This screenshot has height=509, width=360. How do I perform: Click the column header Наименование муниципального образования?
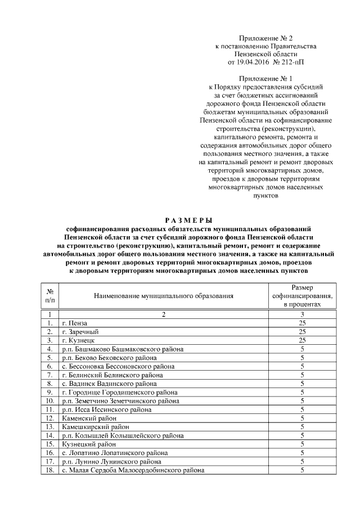(x=163, y=295)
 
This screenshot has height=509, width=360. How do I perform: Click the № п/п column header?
(x=49, y=295)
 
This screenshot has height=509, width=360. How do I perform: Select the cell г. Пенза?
(x=74, y=323)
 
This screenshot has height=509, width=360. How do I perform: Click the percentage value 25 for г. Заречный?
(x=302, y=332)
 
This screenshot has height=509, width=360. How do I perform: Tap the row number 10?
(x=49, y=401)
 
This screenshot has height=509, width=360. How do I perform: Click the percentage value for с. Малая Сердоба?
(x=302, y=470)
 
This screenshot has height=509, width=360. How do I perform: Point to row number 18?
(x=49, y=470)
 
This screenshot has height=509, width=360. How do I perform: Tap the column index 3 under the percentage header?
(x=302, y=314)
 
